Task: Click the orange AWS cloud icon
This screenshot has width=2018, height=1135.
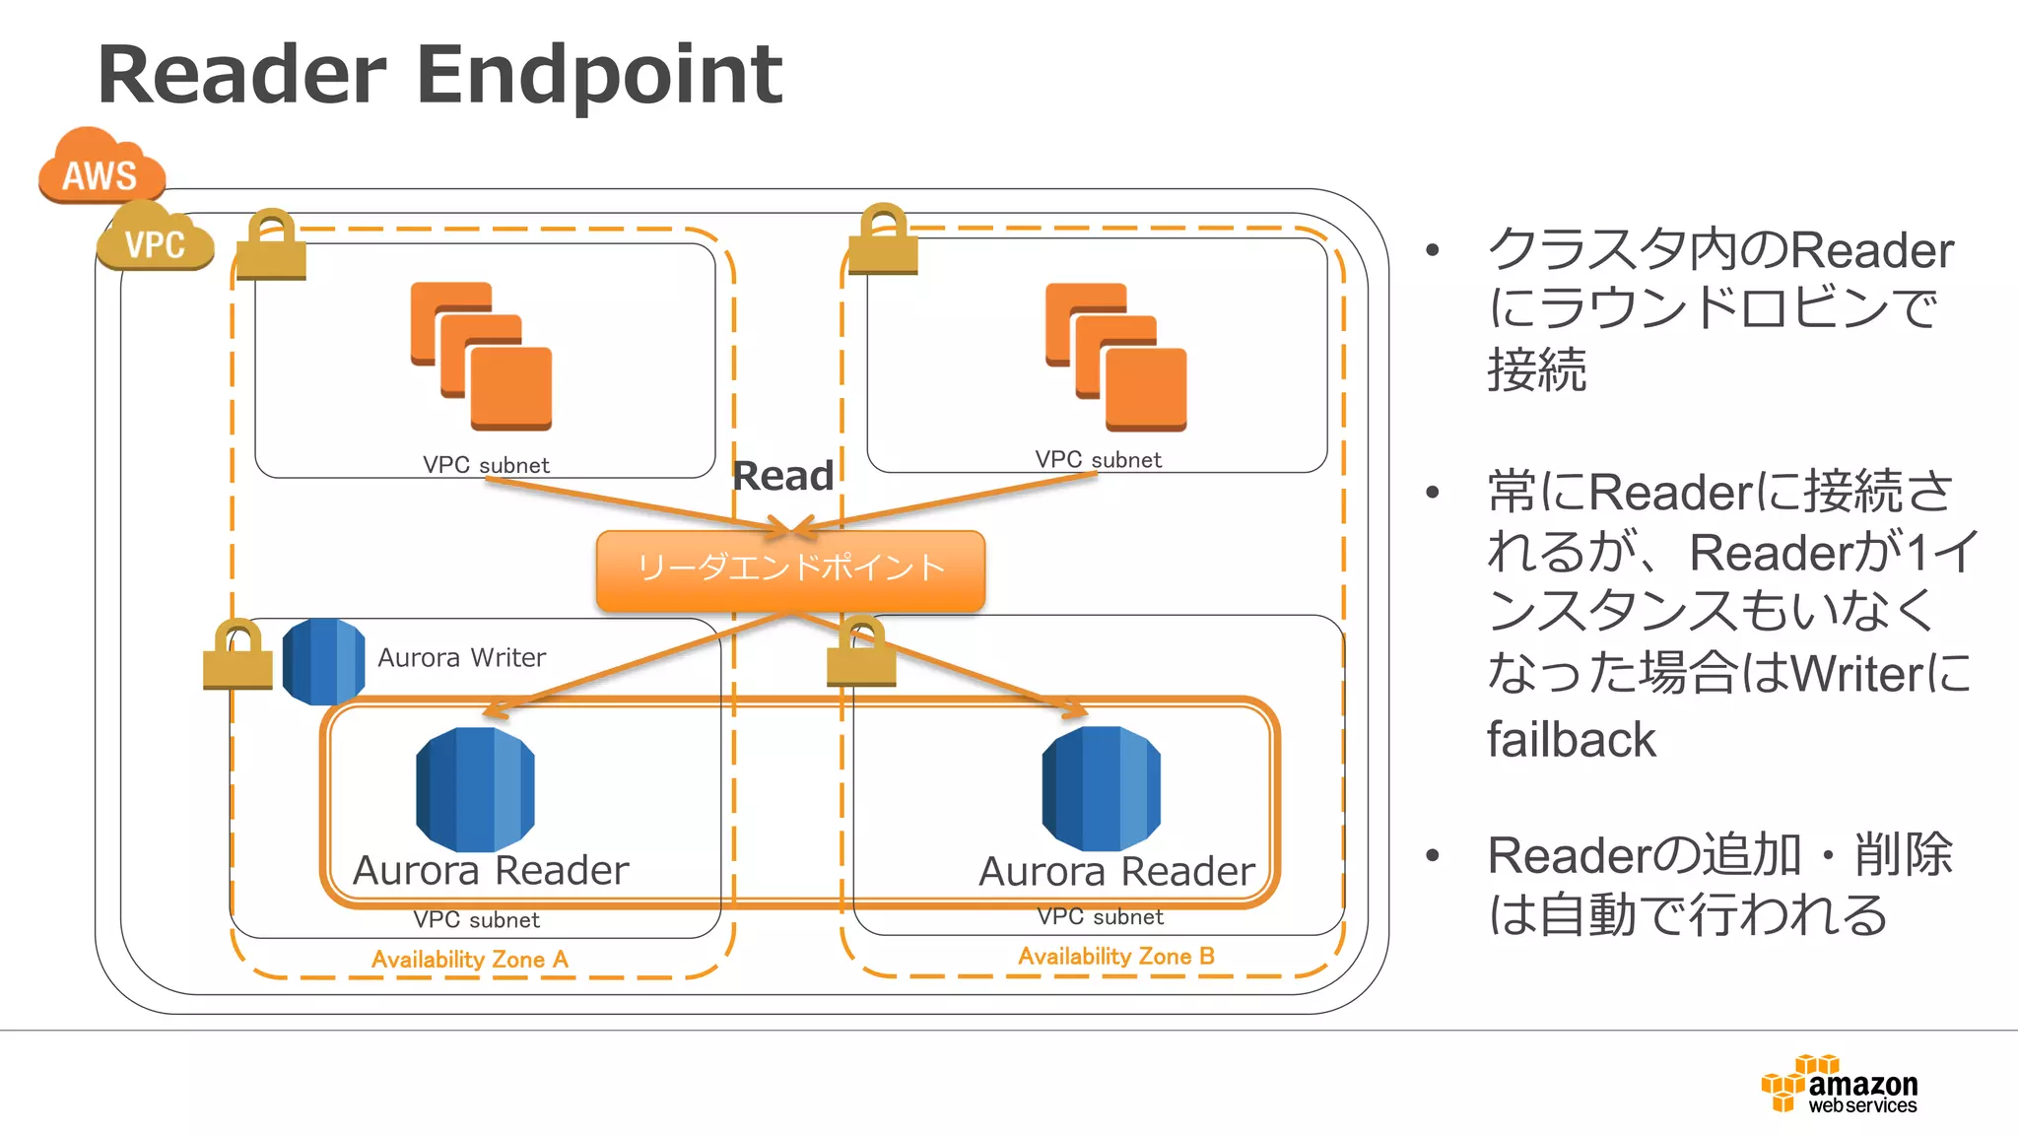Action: coord(101,167)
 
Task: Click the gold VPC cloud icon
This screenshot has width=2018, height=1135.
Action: coord(155,237)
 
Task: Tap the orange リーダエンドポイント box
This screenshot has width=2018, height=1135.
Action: coord(790,569)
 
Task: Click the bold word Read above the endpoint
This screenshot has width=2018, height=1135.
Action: coord(783,476)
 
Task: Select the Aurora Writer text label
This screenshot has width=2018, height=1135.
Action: coord(461,657)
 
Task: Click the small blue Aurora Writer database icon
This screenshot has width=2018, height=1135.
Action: coord(323,661)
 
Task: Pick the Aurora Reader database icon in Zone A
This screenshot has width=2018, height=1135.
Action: coord(475,789)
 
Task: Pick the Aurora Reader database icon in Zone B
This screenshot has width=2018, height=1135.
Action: coord(1101,788)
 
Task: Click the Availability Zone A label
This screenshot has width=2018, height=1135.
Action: coord(469,959)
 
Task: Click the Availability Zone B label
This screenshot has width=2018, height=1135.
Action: coord(1115,956)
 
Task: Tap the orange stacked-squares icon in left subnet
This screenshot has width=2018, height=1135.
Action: coord(481,356)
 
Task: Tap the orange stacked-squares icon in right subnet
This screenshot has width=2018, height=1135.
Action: coord(1115,357)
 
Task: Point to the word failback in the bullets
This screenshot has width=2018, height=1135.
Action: coord(1571,739)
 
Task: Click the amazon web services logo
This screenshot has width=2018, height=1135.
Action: coord(1839,1084)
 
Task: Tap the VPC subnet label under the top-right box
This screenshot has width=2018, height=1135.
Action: coord(1098,459)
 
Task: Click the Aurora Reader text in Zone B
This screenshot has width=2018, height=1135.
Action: coord(1116,871)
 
